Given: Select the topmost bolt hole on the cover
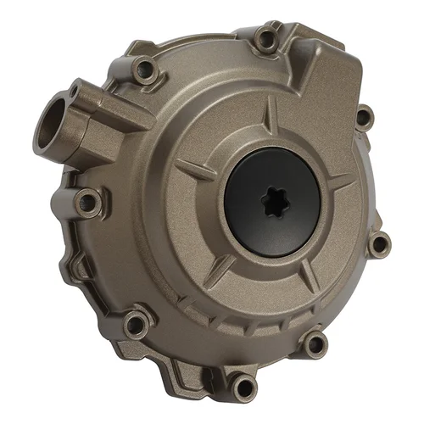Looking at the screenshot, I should pyautogui.click(x=265, y=36).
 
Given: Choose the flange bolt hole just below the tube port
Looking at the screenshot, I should pyautogui.click(x=86, y=201).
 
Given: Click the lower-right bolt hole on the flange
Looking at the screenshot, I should pyautogui.click(x=315, y=343).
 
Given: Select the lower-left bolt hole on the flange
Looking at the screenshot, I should pyautogui.click(x=135, y=323).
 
